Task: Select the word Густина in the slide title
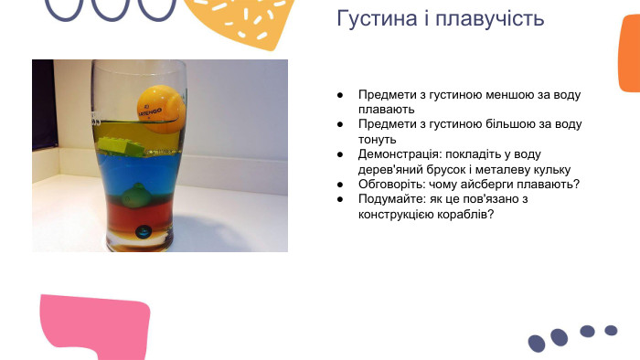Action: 370,18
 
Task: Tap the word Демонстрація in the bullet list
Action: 399,154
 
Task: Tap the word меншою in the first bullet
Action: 506,94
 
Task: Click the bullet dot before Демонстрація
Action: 340,154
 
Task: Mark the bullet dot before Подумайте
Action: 340,199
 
